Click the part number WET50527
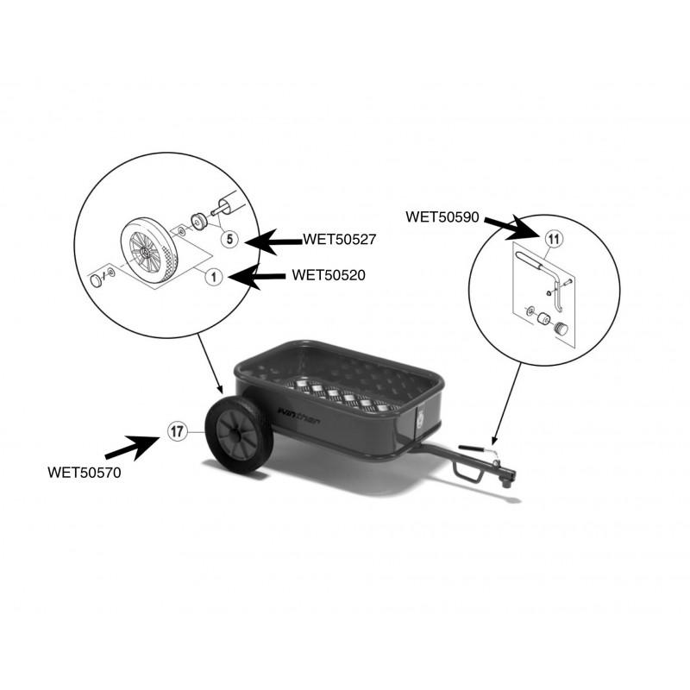339,240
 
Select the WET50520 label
329,275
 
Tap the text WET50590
442,216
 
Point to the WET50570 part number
84,472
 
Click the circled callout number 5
229,240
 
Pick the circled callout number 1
214,277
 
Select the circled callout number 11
554,239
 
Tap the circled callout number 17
177,431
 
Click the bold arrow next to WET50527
273,241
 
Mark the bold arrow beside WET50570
133,448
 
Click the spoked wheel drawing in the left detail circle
149,250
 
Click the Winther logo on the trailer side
298,415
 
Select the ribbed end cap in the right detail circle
561,329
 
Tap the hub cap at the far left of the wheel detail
96,281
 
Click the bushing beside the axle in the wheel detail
198,222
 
